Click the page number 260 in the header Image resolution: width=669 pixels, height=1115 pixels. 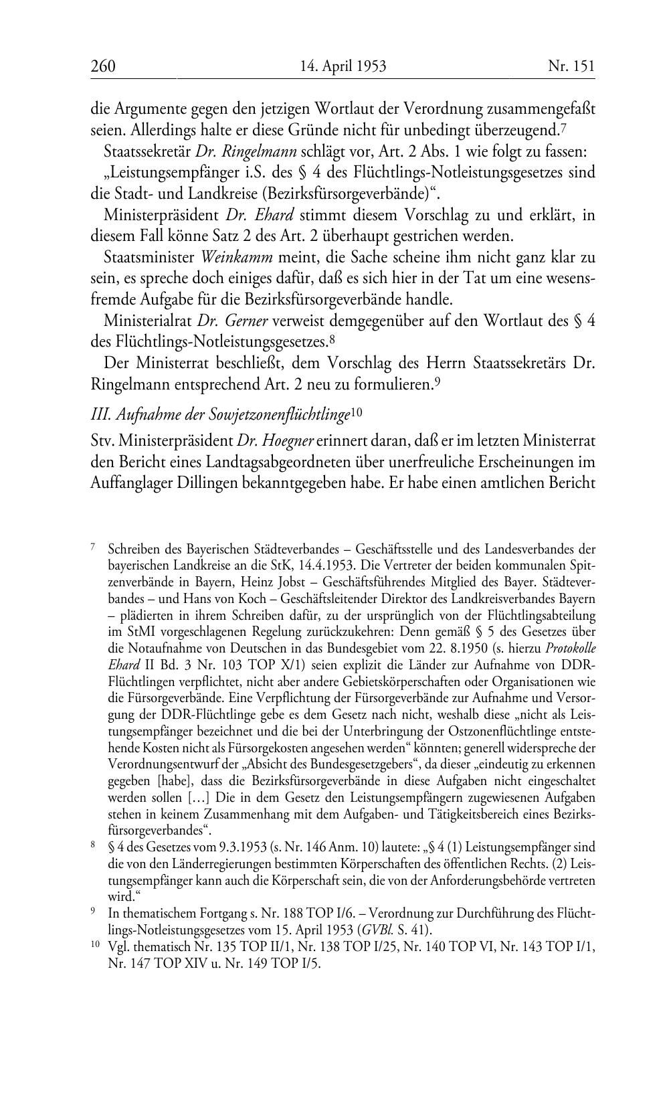pyautogui.click(x=103, y=66)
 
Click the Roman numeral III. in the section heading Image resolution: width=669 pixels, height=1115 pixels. pyautogui.click(x=100, y=415)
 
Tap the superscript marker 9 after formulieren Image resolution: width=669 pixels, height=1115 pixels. pyautogui.click(x=436, y=381)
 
